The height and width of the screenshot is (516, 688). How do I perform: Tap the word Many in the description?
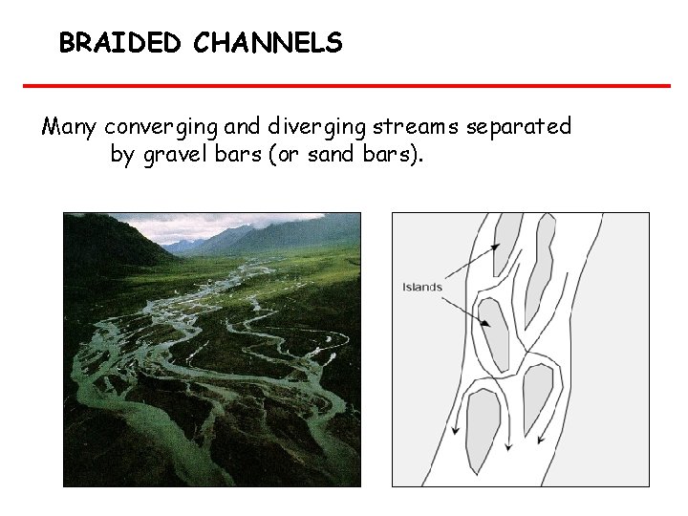(70, 126)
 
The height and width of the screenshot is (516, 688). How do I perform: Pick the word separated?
(520, 126)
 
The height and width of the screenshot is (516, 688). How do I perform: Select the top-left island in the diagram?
(506, 239)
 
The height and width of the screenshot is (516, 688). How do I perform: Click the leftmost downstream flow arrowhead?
(459, 429)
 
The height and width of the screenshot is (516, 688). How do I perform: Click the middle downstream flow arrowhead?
(509, 444)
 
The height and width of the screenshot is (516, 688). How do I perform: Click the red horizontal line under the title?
(346, 86)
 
